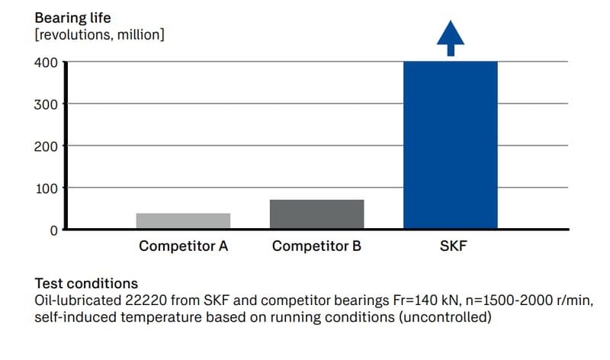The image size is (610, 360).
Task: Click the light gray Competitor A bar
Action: click(x=183, y=220)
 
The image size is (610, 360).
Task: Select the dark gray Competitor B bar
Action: click(x=316, y=214)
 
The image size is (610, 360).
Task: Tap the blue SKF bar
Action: click(x=450, y=145)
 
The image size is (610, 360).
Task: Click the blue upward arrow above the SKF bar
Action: click(x=450, y=37)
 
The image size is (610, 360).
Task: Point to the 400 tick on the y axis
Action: click(x=47, y=62)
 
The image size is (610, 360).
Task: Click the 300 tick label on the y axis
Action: click(x=47, y=104)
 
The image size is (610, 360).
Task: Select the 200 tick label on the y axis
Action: click(x=47, y=146)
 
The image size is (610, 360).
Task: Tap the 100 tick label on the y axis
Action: click(x=47, y=188)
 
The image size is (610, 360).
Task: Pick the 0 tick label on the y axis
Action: click(x=54, y=230)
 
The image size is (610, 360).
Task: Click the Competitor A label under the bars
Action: click(x=183, y=246)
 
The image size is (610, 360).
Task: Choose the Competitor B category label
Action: click(x=316, y=246)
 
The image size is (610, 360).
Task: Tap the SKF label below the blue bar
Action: click(x=451, y=246)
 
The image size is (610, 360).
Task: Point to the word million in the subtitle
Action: click(x=137, y=34)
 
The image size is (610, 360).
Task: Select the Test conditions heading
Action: click(x=86, y=283)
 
